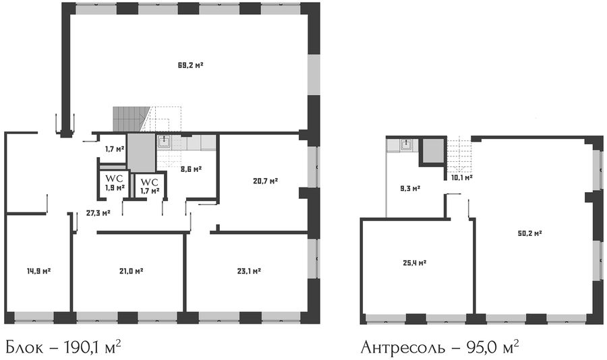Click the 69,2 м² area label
pos(190,65)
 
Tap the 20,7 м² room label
pos(266,181)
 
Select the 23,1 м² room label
pos(249,271)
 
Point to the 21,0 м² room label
pos(132,271)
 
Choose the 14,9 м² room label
pos(38,271)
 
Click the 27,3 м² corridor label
pos(98,212)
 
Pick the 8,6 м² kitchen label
pos(192,169)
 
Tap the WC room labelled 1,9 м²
pos(115,183)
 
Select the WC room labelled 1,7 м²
pos(150,186)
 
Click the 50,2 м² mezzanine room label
pos(529,233)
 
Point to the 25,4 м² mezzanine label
pos(415,263)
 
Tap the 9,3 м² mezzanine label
pos(410,189)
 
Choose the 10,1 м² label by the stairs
pos(462,178)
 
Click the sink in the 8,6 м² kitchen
pos(165,142)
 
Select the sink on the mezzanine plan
pos(407,145)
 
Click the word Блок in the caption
pos(25,347)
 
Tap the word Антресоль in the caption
pos(403,348)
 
